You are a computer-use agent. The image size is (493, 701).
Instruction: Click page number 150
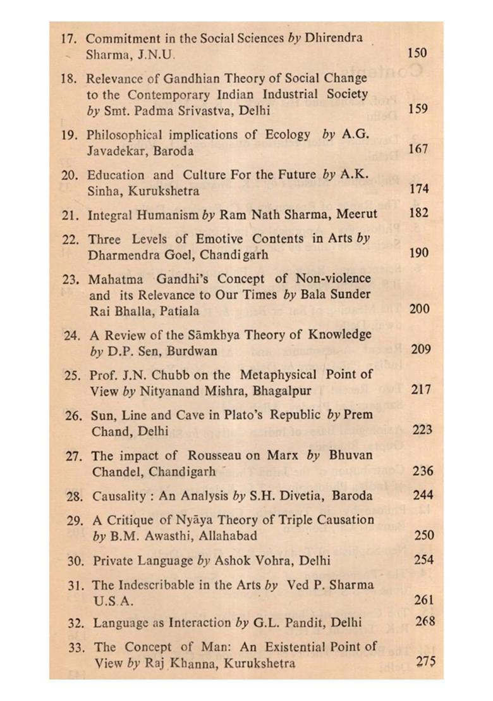417,53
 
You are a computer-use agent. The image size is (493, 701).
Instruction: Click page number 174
418,189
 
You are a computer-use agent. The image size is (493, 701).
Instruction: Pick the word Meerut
356,214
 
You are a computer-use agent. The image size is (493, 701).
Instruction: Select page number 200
419,309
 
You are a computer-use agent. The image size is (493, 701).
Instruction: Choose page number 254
423,559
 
